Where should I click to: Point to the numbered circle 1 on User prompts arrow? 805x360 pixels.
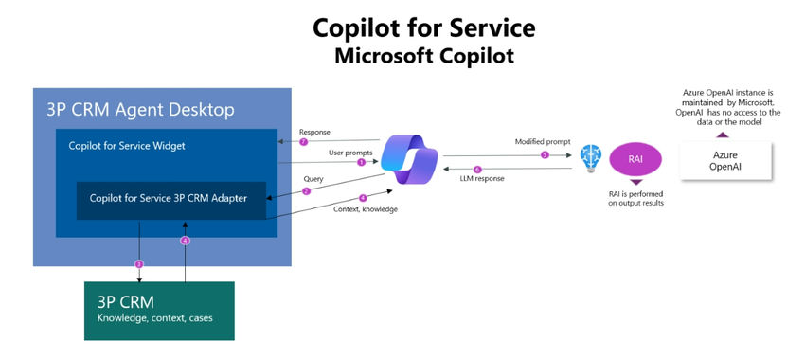click(361, 162)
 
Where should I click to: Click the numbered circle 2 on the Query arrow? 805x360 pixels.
click(306, 190)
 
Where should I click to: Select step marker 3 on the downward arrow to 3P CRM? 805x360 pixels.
click(140, 263)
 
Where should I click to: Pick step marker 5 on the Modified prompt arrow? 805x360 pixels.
click(544, 154)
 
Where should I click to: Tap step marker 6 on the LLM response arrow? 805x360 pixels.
click(477, 170)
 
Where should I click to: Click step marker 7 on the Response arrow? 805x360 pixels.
click(304, 142)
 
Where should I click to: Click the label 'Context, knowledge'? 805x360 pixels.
click(365, 208)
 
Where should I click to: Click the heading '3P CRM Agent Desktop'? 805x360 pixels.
click(139, 110)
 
